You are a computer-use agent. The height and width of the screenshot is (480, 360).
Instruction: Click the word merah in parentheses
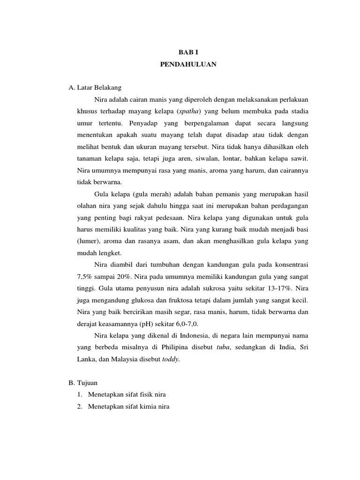tap(142, 194)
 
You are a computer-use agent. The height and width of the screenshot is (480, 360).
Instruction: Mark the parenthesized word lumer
tap(87, 241)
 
